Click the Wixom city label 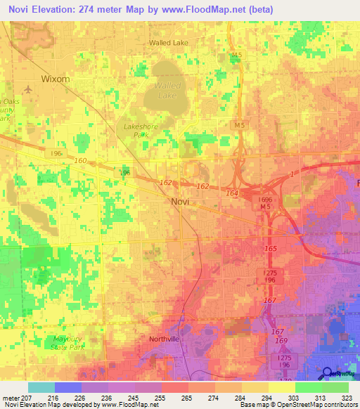click(56, 79)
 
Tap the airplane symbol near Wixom click(27, 89)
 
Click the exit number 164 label click(231, 191)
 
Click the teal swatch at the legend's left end click(41, 387)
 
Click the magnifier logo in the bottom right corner click(328, 373)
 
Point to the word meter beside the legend click(11, 398)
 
